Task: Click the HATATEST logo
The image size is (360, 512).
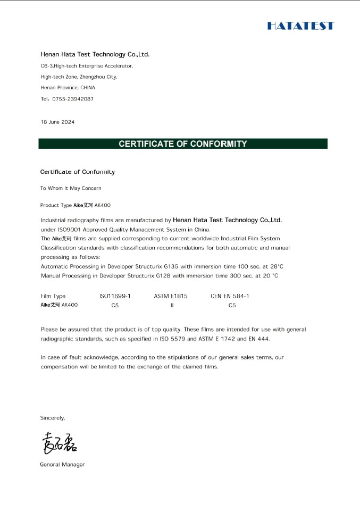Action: (300, 26)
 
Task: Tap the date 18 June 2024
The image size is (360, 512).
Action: (57, 122)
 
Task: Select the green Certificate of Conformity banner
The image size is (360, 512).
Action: (182, 144)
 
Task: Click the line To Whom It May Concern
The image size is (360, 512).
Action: (71, 188)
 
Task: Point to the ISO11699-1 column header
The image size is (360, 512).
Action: (115, 296)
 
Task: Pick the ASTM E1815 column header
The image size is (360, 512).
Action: (171, 296)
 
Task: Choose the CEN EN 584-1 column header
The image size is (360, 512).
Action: (230, 296)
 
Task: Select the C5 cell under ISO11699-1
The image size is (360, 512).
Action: (115, 305)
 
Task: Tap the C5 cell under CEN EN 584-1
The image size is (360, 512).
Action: (232, 305)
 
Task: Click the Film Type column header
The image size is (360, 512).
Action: (53, 296)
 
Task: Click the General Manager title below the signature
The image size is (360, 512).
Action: (62, 465)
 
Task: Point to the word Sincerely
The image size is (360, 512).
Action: (53, 418)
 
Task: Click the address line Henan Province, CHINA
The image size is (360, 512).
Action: (68, 87)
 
